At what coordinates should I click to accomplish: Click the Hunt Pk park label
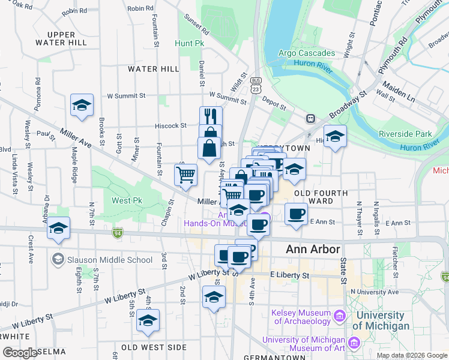click(x=190, y=44)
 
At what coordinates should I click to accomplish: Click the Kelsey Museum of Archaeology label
click(x=301, y=317)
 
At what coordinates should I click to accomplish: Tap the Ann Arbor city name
click(x=312, y=249)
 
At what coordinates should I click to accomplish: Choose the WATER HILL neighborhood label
click(x=154, y=69)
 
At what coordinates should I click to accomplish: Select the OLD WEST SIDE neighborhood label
click(x=154, y=347)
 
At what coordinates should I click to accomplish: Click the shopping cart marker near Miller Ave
click(x=186, y=175)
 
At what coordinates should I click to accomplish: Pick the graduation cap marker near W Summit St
click(x=82, y=105)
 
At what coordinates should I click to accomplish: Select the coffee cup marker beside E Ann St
click(x=296, y=214)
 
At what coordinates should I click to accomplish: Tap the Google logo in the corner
click(x=20, y=353)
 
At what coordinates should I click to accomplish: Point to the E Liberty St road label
click(x=289, y=275)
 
